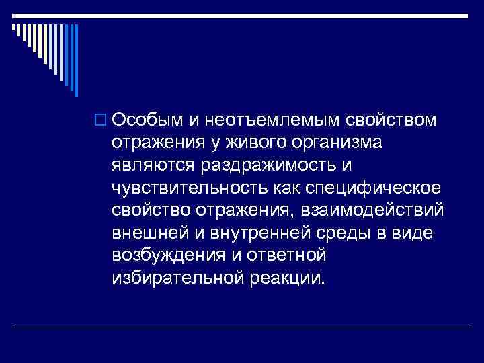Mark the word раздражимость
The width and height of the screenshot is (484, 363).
tap(259, 165)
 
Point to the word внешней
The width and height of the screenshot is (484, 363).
tap(148, 233)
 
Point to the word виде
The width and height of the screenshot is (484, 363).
tap(419, 233)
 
